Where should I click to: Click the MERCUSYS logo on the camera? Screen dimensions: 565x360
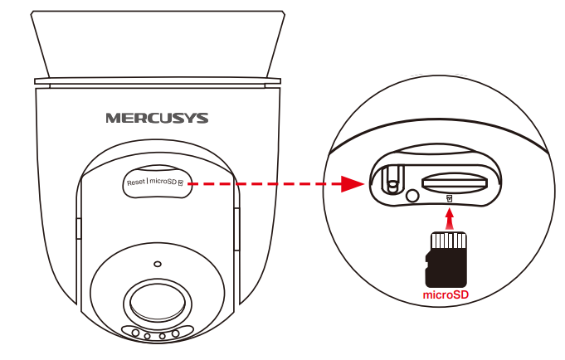157,118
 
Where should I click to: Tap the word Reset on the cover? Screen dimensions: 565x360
136,182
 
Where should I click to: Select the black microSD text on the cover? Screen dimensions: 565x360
163,182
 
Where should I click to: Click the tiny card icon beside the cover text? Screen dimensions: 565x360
181,182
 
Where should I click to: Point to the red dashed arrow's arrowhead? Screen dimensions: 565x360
353,184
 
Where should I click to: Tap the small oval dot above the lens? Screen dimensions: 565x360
158,264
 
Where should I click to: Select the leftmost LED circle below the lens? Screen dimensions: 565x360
135,333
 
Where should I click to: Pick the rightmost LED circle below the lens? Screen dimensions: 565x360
176,333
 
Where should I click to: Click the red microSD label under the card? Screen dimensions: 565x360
446,294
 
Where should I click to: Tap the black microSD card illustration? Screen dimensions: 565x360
446,260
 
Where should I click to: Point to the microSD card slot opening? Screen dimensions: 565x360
455,182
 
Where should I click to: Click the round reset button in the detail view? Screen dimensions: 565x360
412,196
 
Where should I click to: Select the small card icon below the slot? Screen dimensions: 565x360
449,198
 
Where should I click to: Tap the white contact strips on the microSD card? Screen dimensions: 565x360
449,241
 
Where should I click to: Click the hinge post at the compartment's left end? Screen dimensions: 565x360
392,179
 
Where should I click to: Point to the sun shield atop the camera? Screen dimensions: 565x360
158,45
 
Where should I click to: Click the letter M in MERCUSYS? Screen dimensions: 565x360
113,118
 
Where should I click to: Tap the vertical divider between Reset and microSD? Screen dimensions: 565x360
148,182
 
